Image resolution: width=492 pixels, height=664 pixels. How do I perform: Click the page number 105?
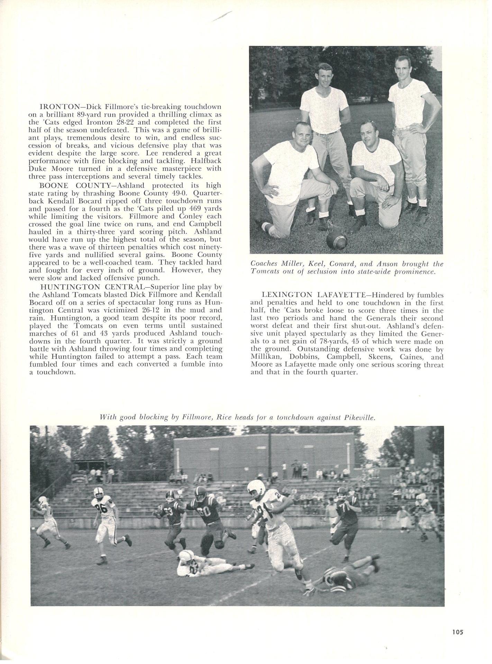[457, 632]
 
